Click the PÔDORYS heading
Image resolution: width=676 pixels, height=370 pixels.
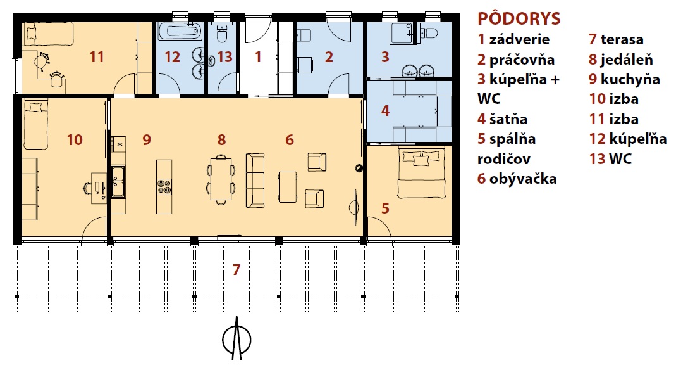tap(519, 18)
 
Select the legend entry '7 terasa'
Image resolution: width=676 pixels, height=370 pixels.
tap(616, 39)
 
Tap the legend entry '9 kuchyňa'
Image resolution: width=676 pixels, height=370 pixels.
tap(624, 79)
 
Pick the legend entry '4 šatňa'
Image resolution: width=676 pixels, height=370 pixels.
tap(502, 118)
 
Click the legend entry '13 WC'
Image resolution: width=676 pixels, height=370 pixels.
tap(610, 159)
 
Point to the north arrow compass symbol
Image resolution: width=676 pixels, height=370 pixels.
tap(237, 338)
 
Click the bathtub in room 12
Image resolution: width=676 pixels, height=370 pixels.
tap(180, 31)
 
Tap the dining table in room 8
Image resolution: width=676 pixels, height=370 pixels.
tap(221, 179)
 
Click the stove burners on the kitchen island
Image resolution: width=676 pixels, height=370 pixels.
tap(164, 186)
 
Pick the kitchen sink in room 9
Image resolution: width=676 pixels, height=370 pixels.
tap(118, 182)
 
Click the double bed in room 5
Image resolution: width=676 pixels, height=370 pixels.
tap(421, 172)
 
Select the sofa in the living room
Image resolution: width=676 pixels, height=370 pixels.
tap(255, 180)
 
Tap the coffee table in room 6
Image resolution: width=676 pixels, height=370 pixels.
tap(288, 187)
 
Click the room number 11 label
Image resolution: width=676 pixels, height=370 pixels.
tap(97, 56)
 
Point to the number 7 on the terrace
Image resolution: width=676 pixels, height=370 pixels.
tap(236, 269)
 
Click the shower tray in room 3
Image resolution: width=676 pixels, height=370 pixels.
tap(402, 33)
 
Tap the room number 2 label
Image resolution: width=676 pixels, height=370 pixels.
tap(329, 56)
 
